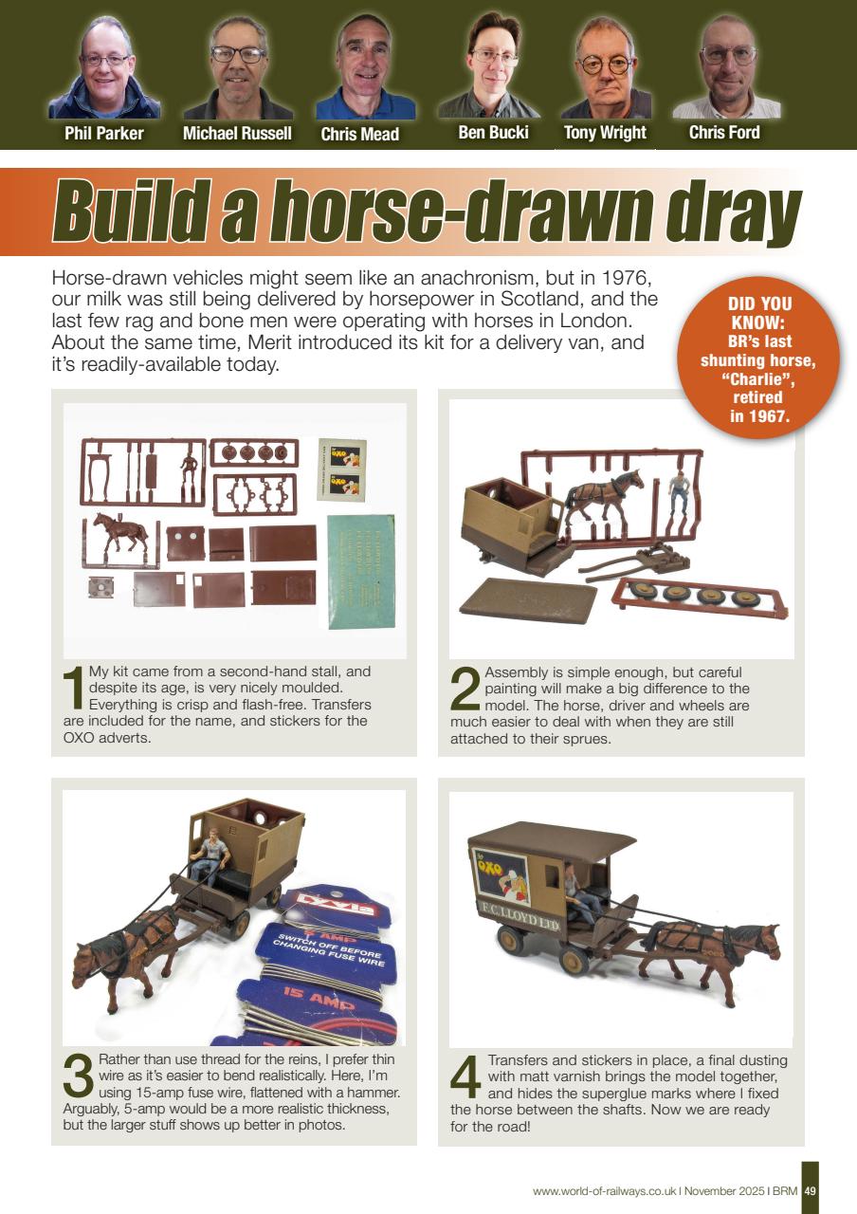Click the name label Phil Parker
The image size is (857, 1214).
point(104,133)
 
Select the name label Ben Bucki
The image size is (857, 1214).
point(493,133)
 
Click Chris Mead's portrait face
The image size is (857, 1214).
point(365,57)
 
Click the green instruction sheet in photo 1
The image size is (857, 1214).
point(361,572)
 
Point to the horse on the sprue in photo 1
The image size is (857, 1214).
point(120,533)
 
